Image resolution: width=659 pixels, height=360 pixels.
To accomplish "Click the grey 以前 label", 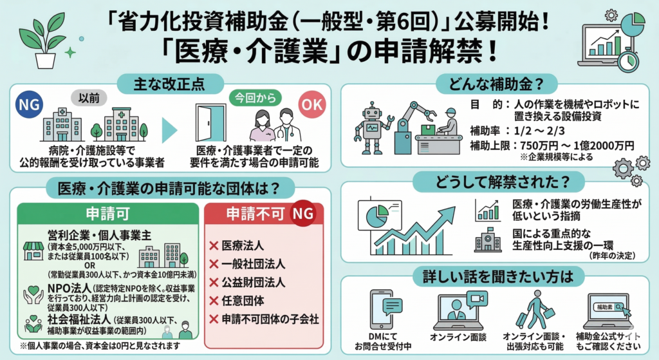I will click(x=89, y=98).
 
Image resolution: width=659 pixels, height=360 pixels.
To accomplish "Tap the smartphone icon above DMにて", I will click(x=384, y=309).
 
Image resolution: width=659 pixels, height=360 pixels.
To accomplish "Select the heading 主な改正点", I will click(x=169, y=82).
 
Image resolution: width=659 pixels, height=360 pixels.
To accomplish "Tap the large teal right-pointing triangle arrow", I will click(x=169, y=130).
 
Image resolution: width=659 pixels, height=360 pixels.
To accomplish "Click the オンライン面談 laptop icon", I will click(x=458, y=310).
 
